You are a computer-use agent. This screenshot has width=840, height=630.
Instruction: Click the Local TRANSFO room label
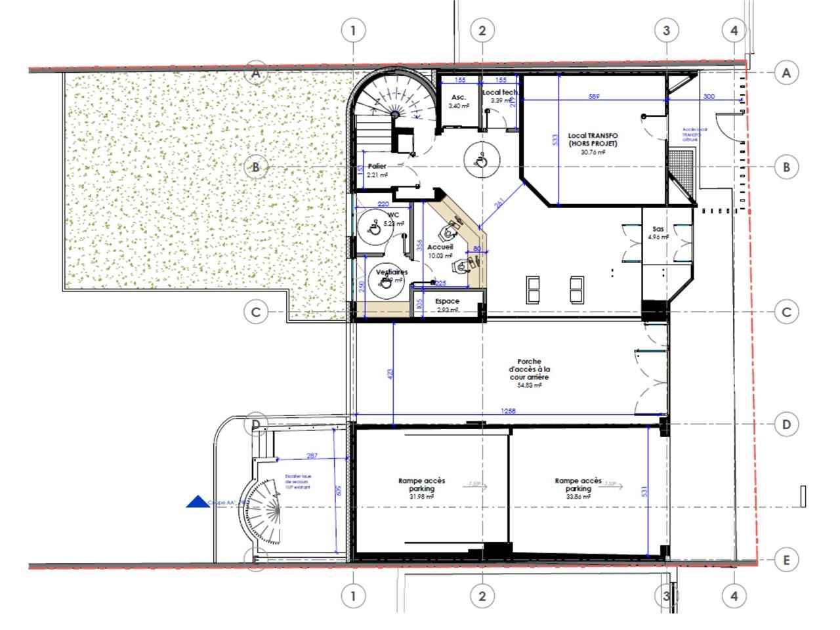(x=593, y=140)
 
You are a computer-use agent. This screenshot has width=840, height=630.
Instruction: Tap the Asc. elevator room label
(x=459, y=98)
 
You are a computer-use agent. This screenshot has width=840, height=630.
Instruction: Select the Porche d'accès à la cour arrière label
(x=529, y=369)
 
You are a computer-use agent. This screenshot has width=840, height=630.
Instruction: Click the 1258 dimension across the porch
(x=508, y=411)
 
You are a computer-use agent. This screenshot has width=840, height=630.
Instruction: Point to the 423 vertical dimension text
(x=390, y=375)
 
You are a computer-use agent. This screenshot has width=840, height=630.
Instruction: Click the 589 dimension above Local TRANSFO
(x=594, y=96)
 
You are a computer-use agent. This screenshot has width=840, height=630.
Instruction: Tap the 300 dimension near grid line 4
(x=709, y=96)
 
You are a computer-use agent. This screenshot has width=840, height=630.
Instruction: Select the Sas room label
(x=658, y=230)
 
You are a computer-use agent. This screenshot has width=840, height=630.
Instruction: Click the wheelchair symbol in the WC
(x=372, y=229)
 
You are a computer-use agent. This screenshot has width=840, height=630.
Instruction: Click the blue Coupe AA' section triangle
(x=198, y=503)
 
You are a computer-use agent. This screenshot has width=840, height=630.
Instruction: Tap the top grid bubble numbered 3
(x=666, y=30)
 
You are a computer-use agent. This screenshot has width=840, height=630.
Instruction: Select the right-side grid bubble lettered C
(x=786, y=312)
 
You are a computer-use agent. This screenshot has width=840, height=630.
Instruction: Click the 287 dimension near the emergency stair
(x=312, y=455)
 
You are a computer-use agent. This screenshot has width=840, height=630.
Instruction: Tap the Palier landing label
(x=377, y=167)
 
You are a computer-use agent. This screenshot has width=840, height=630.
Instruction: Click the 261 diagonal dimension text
(x=500, y=204)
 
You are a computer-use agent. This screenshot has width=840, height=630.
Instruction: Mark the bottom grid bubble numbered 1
(x=353, y=597)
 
